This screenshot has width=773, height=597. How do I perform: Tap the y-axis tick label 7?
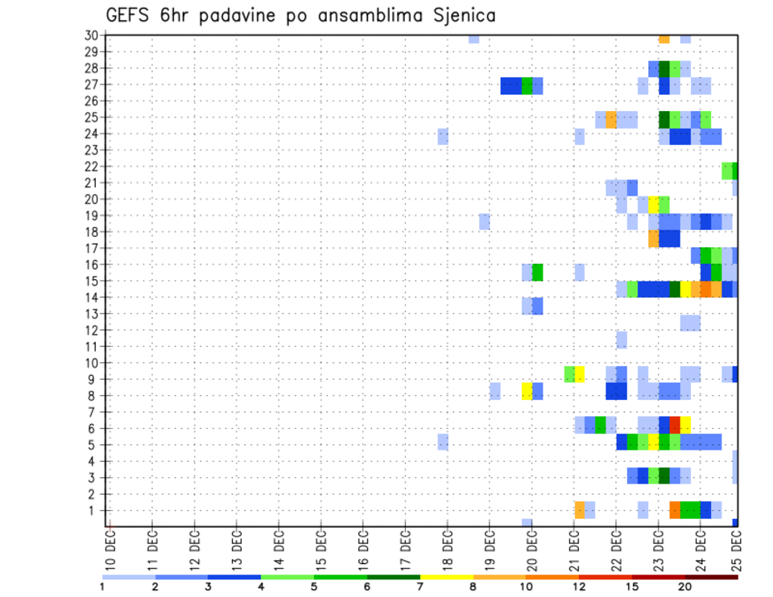coord(94,412)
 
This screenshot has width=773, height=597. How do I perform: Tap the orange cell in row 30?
coord(663,39)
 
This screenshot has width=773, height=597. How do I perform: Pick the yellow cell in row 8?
coord(527,391)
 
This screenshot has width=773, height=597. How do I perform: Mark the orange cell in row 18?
coord(653,239)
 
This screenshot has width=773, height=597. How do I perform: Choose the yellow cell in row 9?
coord(579,374)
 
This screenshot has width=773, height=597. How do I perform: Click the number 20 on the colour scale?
coord(685,587)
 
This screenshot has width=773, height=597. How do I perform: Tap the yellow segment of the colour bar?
coord(447,577)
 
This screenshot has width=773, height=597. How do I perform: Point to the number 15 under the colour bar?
coord(632,587)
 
